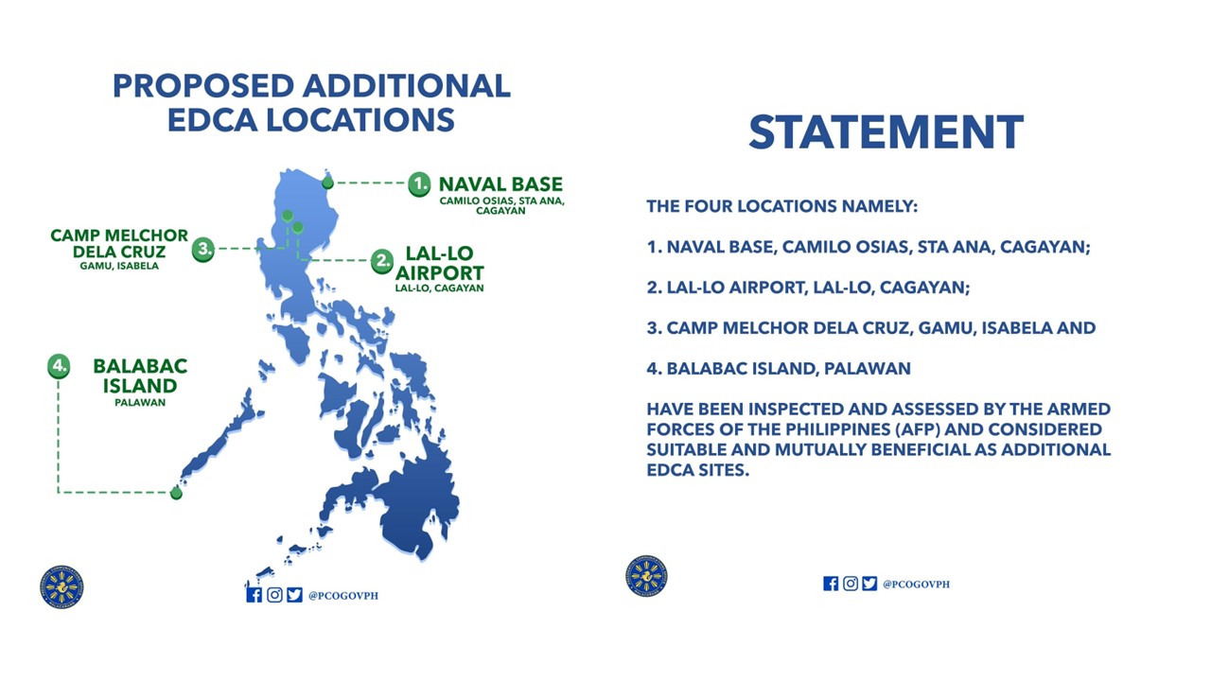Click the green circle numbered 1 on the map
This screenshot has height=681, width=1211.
point(419,183)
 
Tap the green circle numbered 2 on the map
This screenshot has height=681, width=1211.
point(381,260)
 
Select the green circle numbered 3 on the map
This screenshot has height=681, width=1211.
point(203,250)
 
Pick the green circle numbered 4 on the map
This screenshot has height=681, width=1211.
point(59,366)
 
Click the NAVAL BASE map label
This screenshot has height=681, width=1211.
point(500,184)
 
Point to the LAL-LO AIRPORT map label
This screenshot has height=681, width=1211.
point(439,264)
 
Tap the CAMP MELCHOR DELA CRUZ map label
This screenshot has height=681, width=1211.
point(119,243)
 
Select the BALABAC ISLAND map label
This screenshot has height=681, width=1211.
point(140,375)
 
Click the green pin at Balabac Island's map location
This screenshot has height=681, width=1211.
point(176,493)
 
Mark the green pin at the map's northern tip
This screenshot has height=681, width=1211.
point(327,182)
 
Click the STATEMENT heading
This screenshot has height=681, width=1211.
point(886,132)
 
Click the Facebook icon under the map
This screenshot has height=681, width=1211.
point(254,594)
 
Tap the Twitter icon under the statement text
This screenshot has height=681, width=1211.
point(869,584)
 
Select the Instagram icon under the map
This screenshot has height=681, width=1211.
point(274,594)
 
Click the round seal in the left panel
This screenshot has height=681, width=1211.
point(62,586)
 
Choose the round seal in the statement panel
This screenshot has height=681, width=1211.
point(646,576)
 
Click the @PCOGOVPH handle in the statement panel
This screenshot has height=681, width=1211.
point(916,585)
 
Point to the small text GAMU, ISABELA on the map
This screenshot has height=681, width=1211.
point(119,266)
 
